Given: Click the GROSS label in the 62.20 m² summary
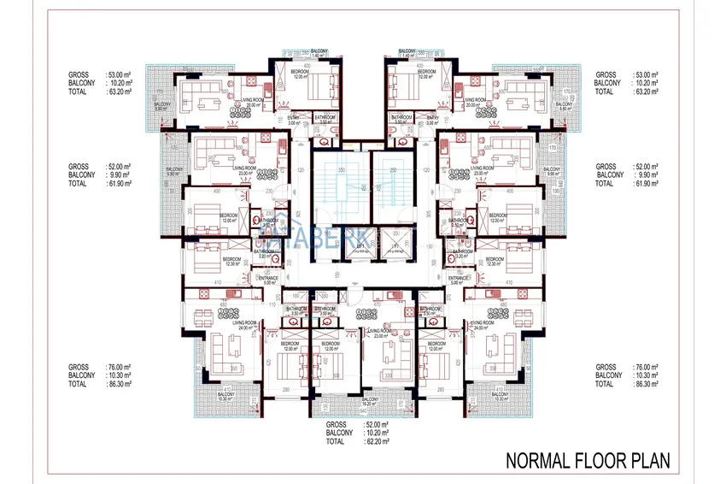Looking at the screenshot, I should coord(337,424).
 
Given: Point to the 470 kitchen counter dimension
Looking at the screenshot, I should coord(377,303).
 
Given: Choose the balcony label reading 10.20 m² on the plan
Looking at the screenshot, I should coord(370,402).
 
